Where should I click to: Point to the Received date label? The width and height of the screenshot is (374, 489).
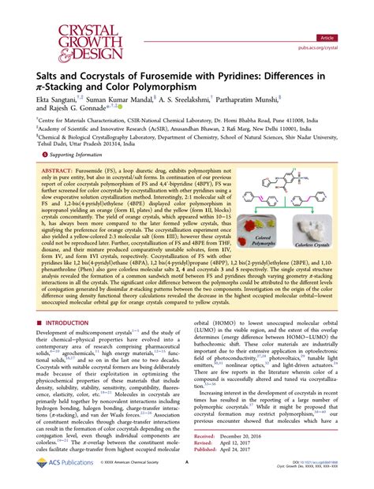point(206,435)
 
